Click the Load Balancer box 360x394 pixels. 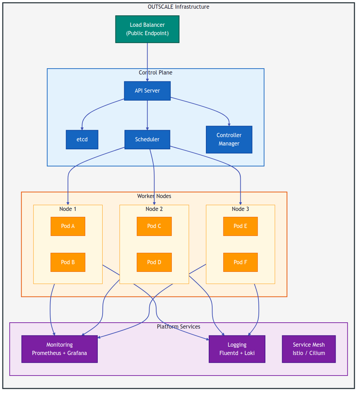coord(147,29)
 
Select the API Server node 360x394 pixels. coord(147,91)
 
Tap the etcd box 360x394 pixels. coord(82,140)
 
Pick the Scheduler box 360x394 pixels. coord(147,140)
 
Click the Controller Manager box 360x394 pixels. coord(229,140)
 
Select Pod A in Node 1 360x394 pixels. coord(68,226)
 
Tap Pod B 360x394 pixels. coord(68,262)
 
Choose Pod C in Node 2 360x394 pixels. coord(154,226)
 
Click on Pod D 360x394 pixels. coord(154,262)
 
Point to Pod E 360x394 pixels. coord(240,226)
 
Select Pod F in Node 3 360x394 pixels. coord(240,262)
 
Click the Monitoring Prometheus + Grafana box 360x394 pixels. coord(59,349)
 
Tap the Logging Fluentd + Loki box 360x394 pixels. coord(237,349)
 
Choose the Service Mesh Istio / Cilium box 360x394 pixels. coord(309,349)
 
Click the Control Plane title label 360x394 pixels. coord(155,73)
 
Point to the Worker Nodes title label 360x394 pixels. coord(154,196)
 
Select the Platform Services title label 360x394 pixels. coord(178,327)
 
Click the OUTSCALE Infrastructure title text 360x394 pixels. coord(178,7)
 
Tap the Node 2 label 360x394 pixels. coord(154,209)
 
